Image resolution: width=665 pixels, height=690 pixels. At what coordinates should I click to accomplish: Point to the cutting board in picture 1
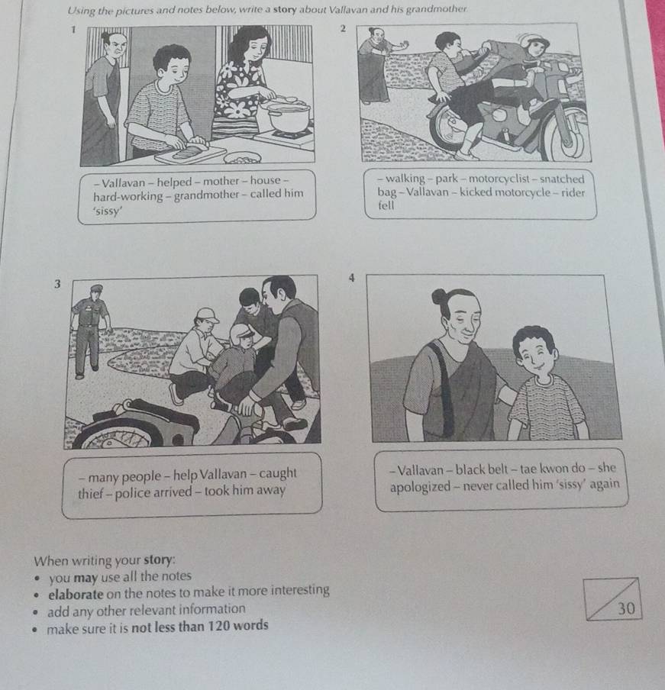click(x=190, y=154)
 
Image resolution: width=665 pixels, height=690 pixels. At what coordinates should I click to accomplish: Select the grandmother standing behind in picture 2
click(x=377, y=69)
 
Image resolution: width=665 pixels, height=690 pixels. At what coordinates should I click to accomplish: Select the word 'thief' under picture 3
click(x=94, y=491)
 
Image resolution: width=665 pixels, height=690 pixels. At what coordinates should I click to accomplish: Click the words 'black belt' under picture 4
click(x=488, y=468)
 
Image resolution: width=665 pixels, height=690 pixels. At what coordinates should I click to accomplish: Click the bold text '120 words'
click(x=235, y=626)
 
